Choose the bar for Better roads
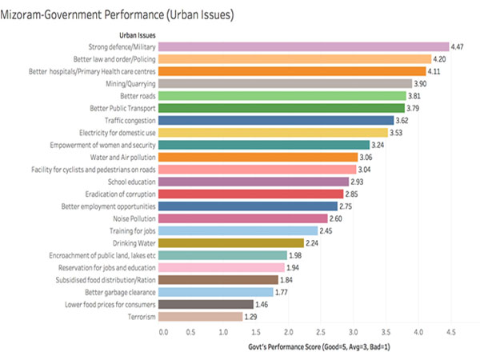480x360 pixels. point(284,95)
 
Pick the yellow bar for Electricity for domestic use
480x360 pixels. point(275,132)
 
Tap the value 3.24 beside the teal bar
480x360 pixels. point(382,145)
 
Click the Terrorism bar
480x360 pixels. point(203,316)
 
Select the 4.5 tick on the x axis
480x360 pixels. point(450,330)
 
